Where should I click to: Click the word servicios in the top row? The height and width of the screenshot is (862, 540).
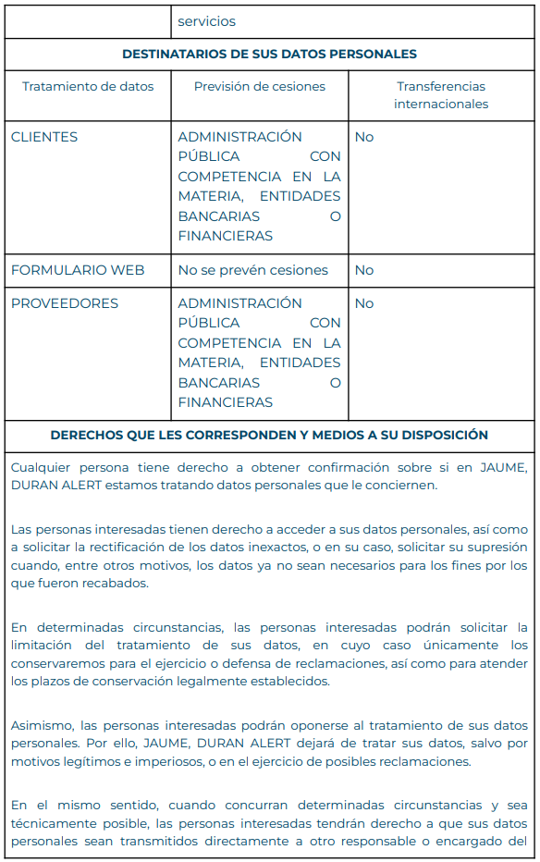tap(206, 21)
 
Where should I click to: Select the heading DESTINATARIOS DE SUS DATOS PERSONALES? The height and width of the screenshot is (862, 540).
tap(269, 55)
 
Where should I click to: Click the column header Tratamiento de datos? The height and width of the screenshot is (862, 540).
tap(88, 87)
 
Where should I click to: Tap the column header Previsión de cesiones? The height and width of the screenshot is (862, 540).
tap(259, 87)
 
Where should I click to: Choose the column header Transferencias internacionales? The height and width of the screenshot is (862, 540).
tap(441, 95)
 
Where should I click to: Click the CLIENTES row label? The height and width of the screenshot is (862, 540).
tap(44, 137)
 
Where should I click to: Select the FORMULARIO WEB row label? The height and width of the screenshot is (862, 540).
tap(78, 270)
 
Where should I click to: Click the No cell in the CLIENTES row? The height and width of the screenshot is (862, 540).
tap(364, 137)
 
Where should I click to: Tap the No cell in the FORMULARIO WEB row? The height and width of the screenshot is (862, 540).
tap(364, 270)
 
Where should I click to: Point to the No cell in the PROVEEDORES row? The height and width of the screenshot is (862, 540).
tap(364, 303)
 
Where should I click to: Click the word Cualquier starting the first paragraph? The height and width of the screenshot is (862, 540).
tap(43, 467)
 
